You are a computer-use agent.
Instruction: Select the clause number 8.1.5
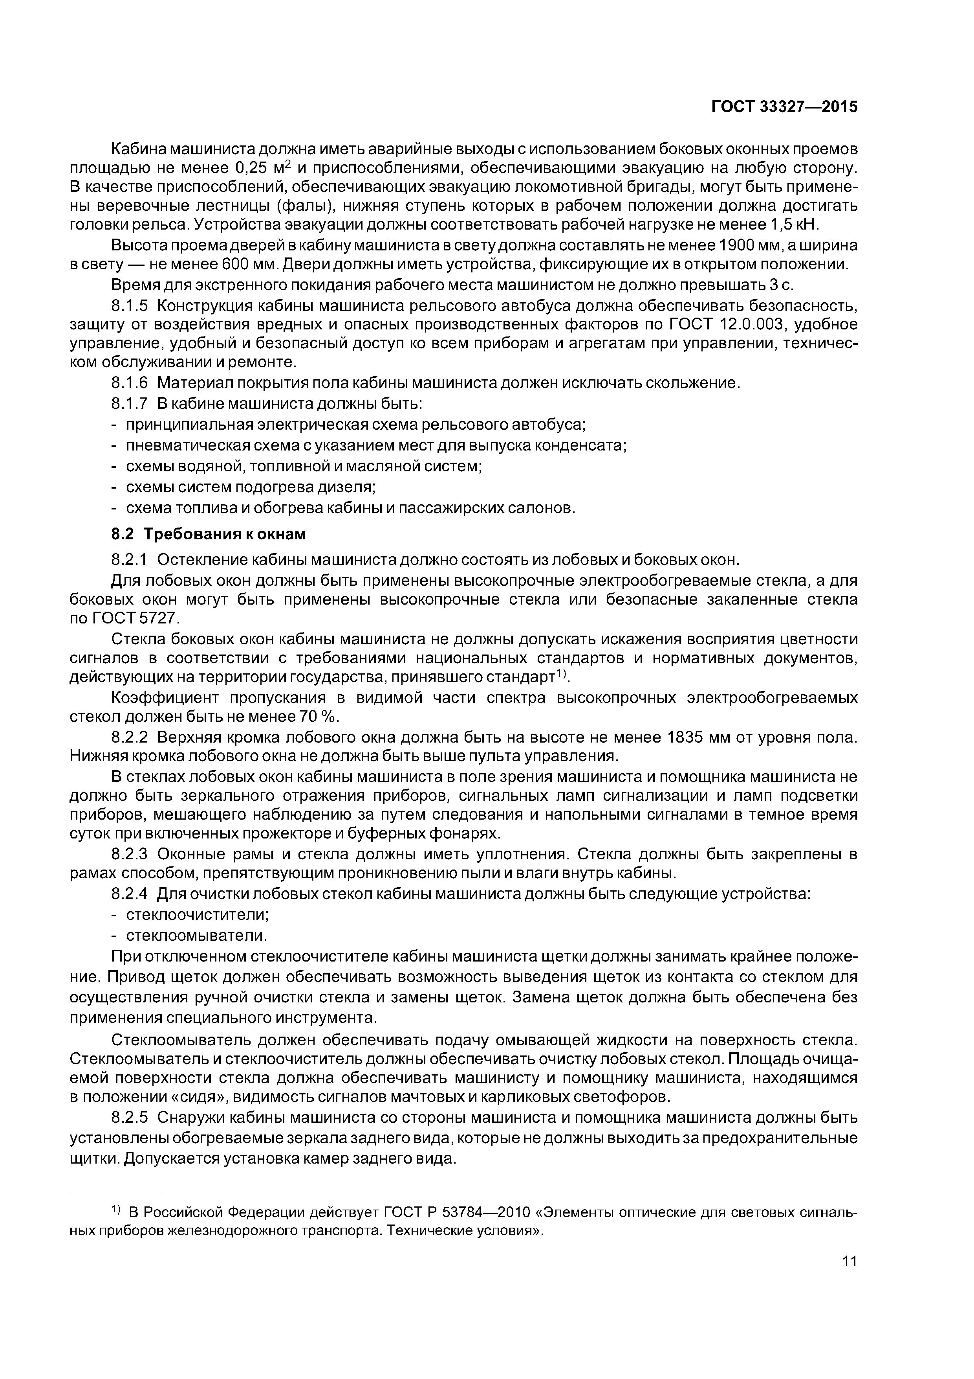tap(130, 306)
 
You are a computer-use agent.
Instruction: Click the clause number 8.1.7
tap(130, 403)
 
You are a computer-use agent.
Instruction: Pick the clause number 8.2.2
tap(130, 737)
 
